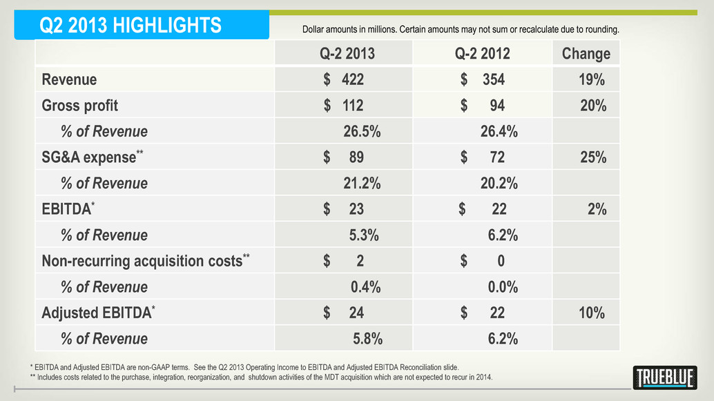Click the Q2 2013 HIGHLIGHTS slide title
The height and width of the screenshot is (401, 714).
[131, 26]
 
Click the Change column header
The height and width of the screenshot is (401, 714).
[586, 54]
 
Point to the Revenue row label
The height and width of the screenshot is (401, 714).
[69, 79]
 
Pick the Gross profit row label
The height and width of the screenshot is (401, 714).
[80, 106]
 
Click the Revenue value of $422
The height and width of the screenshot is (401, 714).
[344, 79]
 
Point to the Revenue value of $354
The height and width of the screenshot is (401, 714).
[483, 79]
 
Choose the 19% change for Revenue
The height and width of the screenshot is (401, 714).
[592, 79]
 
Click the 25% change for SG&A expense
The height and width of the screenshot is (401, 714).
[593, 157]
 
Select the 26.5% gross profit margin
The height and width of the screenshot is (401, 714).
[362, 131]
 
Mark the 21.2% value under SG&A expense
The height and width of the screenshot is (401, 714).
[362, 184]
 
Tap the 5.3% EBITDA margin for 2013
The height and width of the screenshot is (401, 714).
[365, 235]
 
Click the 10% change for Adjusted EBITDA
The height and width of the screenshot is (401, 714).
[592, 313]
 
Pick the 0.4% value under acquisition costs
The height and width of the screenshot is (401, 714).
[365, 287]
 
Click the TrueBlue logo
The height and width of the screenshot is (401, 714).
[664, 377]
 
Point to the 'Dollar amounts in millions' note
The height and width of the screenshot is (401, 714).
[461, 30]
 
